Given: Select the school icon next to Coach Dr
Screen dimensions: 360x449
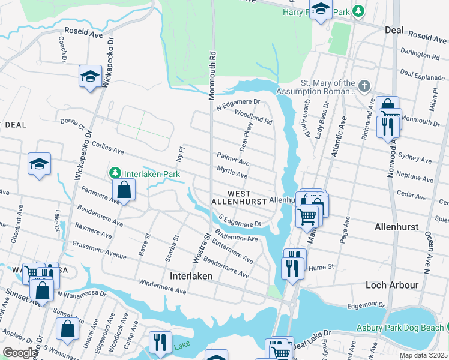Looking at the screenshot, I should (x=90, y=76).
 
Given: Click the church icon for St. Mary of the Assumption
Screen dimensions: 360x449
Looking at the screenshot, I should (x=364, y=87).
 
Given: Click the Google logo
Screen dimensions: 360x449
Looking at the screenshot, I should (x=20, y=353).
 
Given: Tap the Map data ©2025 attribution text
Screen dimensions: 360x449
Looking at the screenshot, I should (x=423, y=355).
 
